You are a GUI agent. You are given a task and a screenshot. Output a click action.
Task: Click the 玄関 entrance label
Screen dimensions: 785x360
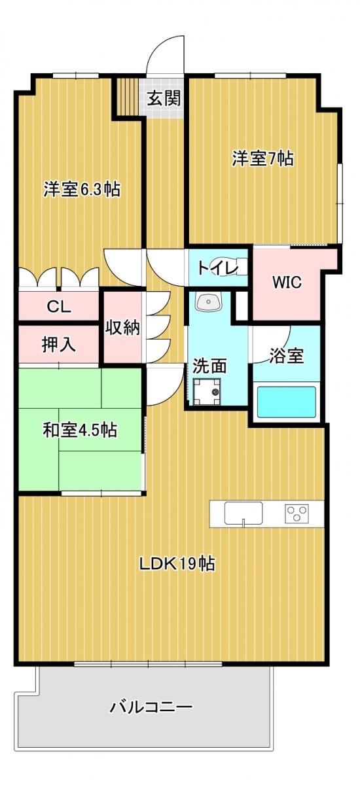163,99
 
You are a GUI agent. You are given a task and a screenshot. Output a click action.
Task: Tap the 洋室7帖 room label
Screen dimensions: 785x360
262,158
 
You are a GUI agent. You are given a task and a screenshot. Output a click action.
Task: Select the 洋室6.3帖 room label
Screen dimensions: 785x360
82,190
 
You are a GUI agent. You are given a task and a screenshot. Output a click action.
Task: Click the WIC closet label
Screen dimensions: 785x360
287,283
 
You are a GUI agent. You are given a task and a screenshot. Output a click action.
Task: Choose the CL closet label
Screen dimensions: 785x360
58,305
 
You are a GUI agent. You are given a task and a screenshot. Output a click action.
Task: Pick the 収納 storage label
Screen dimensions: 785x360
123,326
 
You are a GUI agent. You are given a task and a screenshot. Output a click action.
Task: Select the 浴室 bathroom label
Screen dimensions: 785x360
287,357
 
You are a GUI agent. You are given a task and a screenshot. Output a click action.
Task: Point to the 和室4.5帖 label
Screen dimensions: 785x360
80,430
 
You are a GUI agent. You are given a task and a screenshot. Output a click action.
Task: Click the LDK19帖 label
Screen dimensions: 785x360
178,563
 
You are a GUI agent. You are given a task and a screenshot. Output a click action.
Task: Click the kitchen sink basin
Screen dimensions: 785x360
243,513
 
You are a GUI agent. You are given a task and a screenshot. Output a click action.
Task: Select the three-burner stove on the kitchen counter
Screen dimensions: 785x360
298,514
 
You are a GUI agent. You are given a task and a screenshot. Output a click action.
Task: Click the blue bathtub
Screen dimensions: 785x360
287,401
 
